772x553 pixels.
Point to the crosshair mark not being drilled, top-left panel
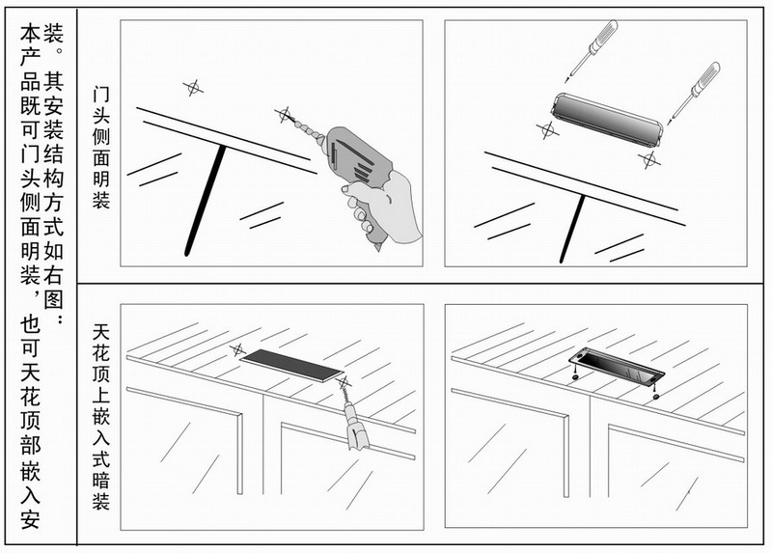[193, 88]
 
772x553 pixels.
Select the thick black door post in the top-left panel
[206, 201]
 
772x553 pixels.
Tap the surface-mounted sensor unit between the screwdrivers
[607, 120]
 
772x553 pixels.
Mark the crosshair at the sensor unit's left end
[547, 130]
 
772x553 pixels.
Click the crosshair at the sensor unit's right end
[648, 159]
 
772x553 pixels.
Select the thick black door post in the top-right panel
[572, 229]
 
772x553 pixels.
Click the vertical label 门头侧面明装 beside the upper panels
[101, 148]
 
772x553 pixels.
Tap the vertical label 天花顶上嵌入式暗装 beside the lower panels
[101, 417]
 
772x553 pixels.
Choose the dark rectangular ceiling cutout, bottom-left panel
[291, 366]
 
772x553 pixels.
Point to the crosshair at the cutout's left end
[238, 350]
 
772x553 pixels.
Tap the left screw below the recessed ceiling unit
[574, 376]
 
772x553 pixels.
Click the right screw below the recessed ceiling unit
[655, 395]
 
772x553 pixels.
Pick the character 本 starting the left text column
[30, 35]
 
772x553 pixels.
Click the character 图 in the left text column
[54, 299]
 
